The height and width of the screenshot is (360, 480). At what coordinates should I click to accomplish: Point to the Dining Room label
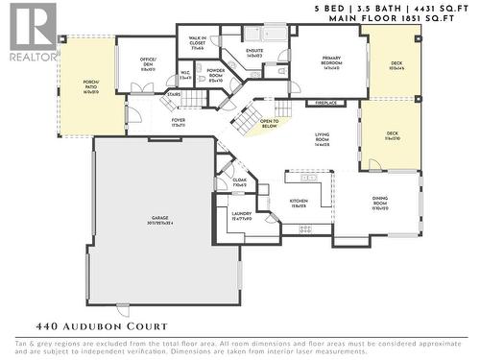point(380,204)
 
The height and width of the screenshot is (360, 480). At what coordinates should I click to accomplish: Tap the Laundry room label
point(241,216)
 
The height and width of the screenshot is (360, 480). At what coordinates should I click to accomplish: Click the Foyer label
point(179,123)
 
